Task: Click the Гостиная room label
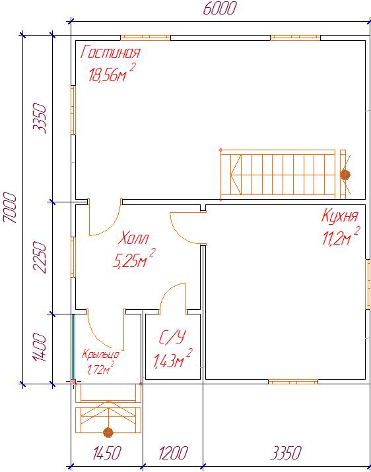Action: pos(110,52)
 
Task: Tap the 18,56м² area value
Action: pos(111,73)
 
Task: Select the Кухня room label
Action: pos(340,216)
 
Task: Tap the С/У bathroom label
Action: pos(171,338)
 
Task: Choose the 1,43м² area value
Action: pos(173,359)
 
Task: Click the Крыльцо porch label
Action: pos(101,355)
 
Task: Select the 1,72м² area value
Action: pos(100,369)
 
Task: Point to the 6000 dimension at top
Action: pos(219,9)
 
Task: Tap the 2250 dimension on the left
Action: pos(40,258)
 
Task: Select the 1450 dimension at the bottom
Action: pos(108,453)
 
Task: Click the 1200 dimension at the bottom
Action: pos(174,453)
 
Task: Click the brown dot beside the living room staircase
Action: pos(345,175)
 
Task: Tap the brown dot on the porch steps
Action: pos(108,432)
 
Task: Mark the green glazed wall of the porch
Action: pos(73,347)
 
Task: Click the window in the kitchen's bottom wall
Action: pos(293,382)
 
